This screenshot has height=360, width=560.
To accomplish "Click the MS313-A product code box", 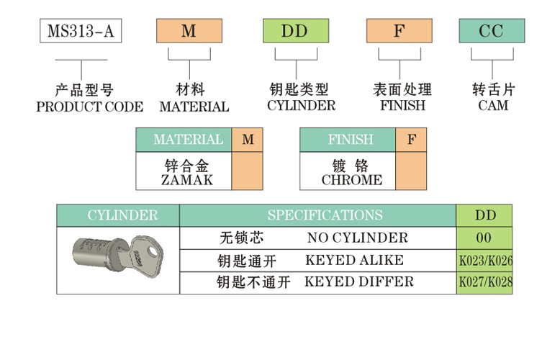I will click(x=80, y=31).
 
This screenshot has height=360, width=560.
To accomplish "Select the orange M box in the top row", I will click(x=189, y=31).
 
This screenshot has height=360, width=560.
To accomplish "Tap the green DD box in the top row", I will click(x=295, y=31).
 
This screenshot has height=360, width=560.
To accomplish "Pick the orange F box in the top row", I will click(x=399, y=31).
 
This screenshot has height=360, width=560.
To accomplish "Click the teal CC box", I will click(x=492, y=31).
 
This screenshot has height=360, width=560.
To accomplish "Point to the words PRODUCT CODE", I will click(x=90, y=107).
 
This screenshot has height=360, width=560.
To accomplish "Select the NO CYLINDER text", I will click(x=357, y=238).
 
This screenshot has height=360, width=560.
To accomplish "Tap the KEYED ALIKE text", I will click(x=355, y=260).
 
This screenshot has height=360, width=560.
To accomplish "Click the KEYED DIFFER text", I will click(x=360, y=282).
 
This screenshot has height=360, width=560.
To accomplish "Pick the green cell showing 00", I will click(x=484, y=238).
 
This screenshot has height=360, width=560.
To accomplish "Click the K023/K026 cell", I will click(x=485, y=261).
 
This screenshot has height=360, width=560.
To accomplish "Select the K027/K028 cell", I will click(x=485, y=282).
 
